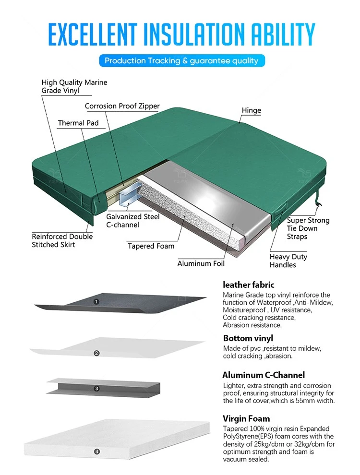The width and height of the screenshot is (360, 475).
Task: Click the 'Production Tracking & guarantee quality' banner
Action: click(182, 60)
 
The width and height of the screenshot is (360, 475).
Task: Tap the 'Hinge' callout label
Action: click(251, 110)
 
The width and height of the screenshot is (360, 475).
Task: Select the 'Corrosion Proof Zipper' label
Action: click(122, 106)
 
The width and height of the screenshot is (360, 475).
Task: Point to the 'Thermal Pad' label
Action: click(78, 123)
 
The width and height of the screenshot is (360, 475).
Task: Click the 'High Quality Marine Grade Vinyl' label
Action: click(74, 86)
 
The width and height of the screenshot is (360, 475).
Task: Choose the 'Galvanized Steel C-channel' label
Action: click(133, 221)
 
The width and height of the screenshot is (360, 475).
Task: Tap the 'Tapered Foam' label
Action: click(151, 246)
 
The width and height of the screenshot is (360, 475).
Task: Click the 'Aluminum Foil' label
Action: click(201, 263)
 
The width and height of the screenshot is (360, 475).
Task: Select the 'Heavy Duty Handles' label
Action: click(288, 261)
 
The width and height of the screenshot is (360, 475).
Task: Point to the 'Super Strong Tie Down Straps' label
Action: click(308, 228)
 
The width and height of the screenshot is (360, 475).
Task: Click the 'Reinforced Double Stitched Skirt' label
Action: click(62, 240)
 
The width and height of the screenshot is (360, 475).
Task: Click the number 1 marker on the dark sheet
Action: click(96, 302)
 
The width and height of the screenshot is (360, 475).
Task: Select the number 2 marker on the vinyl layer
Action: click(96, 353)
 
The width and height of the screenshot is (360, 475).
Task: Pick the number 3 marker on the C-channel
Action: click(96, 388)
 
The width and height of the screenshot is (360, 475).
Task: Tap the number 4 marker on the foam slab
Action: click(96, 451)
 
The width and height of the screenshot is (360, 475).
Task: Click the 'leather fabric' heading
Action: click(249, 285)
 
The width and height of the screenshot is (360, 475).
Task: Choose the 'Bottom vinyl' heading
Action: click(248, 338)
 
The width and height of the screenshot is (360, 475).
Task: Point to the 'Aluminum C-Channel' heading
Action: click(264, 375)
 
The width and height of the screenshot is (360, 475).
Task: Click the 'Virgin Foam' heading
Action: click(246, 419)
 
